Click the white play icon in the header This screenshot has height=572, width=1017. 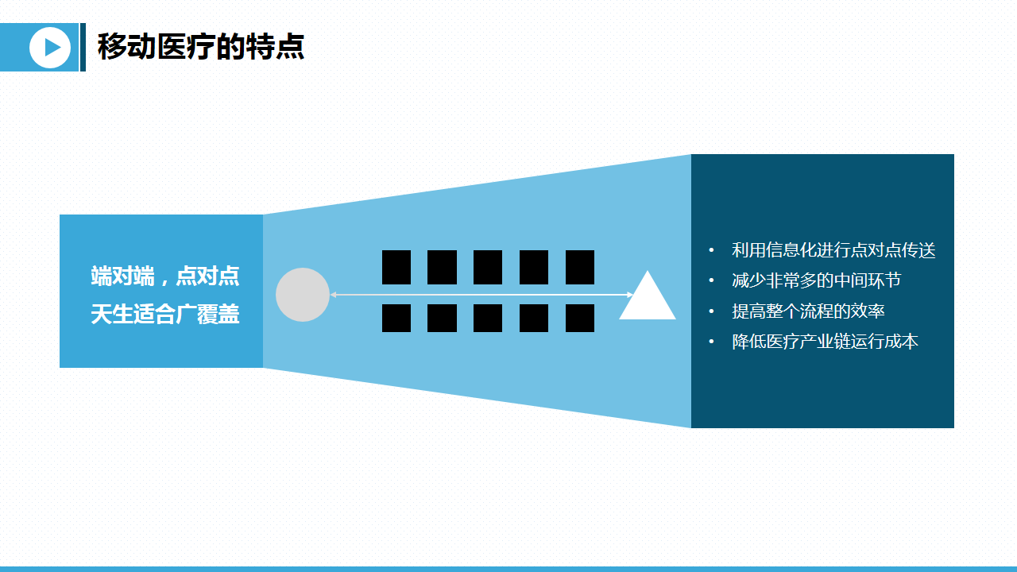(x=50, y=48)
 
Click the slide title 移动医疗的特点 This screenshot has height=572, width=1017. (x=200, y=47)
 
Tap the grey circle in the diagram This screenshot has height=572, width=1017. (x=303, y=295)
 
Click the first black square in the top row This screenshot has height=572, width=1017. (x=396, y=267)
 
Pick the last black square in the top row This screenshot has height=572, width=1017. (x=580, y=267)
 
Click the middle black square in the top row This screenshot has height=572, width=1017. (x=488, y=267)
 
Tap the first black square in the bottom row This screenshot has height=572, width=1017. (x=396, y=318)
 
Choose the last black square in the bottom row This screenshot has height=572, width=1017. (x=580, y=318)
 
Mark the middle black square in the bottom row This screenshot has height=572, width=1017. (x=488, y=318)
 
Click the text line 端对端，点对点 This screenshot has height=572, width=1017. (x=164, y=276)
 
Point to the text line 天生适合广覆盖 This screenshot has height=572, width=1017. (x=164, y=314)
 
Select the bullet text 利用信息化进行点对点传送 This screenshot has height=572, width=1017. (x=833, y=250)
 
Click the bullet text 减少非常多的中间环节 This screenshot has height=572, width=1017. (x=816, y=280)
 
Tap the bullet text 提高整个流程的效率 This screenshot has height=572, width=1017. (x=808, y=311)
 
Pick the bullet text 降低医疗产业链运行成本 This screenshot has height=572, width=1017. (x=825, y=342)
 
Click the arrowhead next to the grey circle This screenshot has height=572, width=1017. (x=334, y=295)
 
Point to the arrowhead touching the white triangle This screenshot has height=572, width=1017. (x=630, y=295)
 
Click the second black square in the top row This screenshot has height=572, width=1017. (x=442, y=267)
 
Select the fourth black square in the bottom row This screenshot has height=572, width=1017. (x=534, y=318)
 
